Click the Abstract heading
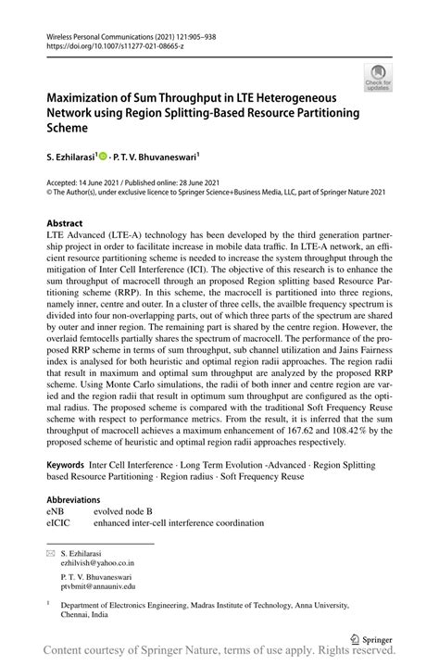65,223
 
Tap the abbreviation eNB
56,509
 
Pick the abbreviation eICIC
58,521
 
